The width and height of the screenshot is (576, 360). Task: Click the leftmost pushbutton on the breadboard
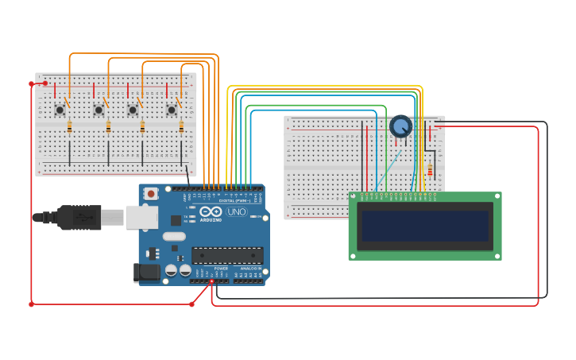tap(60, 109)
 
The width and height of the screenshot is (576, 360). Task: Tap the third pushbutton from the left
tap(133, 109)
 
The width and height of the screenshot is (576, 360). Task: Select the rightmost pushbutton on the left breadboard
tap(172, 109)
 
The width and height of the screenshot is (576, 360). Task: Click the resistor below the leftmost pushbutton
tap(70, 126)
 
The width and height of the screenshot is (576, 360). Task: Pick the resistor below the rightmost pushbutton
tap(182, 126)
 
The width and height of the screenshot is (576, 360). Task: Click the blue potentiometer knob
tap(401, 126)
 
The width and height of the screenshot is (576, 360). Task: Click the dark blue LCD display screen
tap(425, 226)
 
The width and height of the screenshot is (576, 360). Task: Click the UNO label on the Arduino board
tap(236, 212)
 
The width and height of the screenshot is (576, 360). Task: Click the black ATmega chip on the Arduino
tap(227, 255)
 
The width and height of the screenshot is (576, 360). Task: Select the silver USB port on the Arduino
tap(141, 217)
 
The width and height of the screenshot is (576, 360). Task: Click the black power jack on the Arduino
tap(148, 273)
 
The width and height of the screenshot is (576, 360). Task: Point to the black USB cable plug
tap(79, 216)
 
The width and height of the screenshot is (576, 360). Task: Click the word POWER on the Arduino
tap(221, 269)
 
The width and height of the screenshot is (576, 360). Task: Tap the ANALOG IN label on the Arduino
tap(251, 269)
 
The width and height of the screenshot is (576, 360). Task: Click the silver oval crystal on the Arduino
tap(174, 236)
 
